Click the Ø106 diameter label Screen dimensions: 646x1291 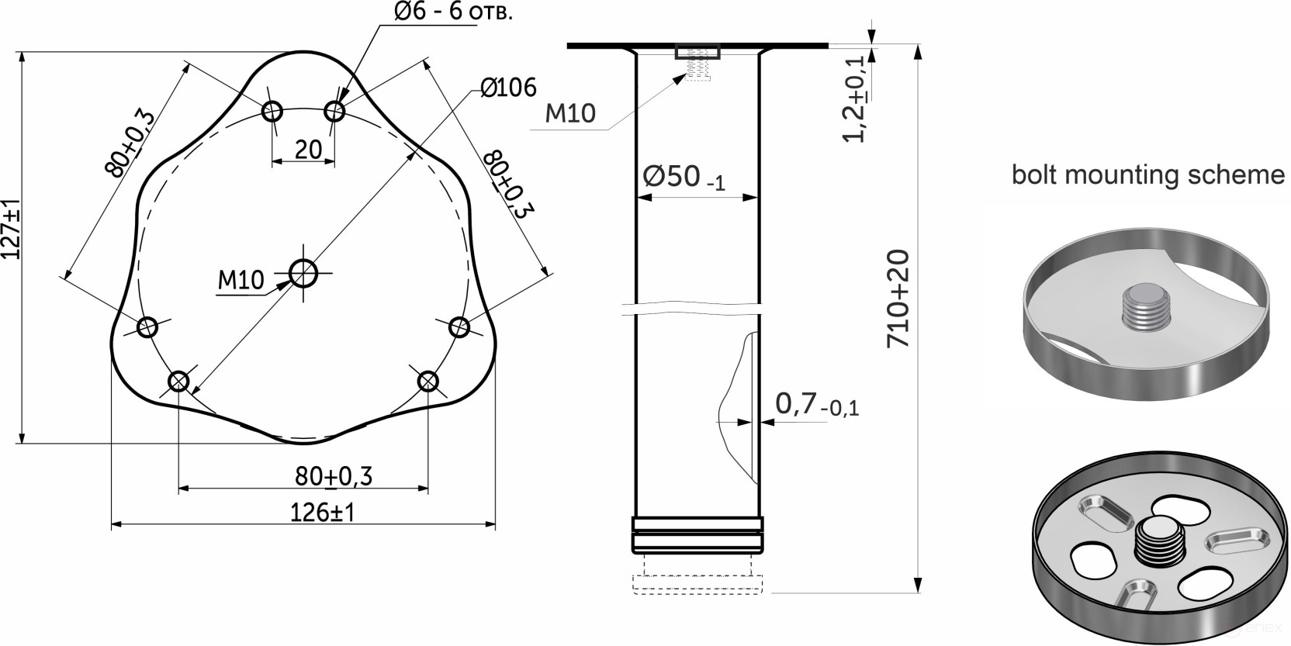(x=508, y=88)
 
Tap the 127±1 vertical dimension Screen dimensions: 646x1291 (x=11, y=230)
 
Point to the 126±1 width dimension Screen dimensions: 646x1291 (x=322, y=513)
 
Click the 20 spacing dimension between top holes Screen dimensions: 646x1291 (x=308, y=149)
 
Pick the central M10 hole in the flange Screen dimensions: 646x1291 (x=303, y=272)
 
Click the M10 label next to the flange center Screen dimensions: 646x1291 (x=241, y=279)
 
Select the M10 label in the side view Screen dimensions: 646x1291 (x=570, y=113)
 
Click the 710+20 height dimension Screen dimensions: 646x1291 (x=898, y=299)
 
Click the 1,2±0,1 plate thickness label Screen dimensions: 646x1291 (x=856, y=99)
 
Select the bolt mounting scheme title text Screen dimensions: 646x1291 (x=1147, y=174)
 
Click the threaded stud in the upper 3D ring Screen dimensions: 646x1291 (x=1144, y=308)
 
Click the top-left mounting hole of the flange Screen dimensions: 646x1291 (x=272, y=112)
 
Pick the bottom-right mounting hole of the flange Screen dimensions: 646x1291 (x=427, y=381)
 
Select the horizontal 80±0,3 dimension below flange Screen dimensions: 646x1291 (x=333, y=475)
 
